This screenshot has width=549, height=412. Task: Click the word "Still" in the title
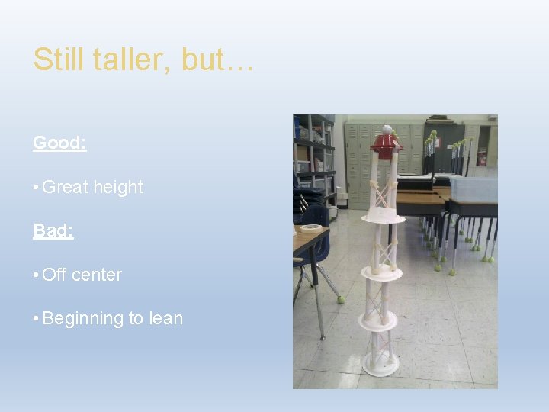pyautogui.click(x=56, y=60)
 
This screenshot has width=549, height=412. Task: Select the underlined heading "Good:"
pyautogui.click(x=59, y=143)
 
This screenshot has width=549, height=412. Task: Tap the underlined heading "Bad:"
pyautogui.click(x=53, y=230)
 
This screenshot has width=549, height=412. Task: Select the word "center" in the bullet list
pyautogui.click(x=97, y=275)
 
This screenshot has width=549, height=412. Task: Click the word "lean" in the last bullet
pyautogui.click(x=166, y=318)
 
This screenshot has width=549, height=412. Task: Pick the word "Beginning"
pyautogui.click(x=85, y=318)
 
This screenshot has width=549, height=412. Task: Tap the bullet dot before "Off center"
pyautogui.click(x=36, y=275)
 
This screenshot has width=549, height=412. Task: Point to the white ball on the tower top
pyautogui.click(x=387, y=129)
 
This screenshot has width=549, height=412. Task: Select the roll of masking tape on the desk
pyautogui.click(x=310, y=228)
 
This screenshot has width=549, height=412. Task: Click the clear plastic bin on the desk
pyautogui.click(x=473, y=187)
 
